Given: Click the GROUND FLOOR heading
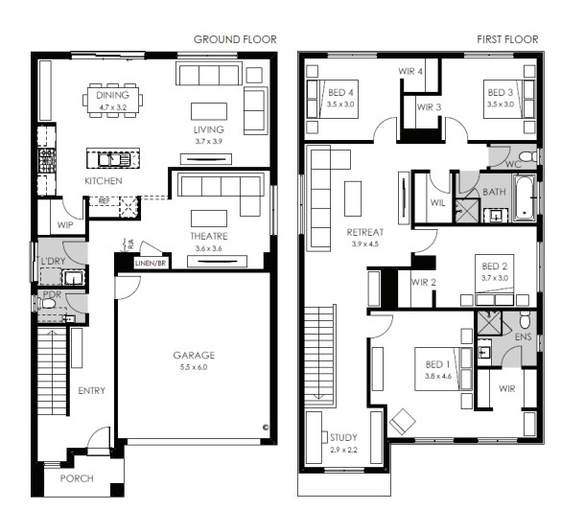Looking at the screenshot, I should [235, 39].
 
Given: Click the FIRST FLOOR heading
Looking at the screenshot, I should [507, 39].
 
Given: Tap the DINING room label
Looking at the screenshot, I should [112, 96].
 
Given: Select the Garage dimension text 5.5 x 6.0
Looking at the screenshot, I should [194, 367].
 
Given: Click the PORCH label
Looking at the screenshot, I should [77, 478].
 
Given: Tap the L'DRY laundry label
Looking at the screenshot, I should [51, 262].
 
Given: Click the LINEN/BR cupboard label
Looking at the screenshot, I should [150, 262].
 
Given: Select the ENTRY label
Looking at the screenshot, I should [92, 391].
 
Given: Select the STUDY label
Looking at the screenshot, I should [342, 436].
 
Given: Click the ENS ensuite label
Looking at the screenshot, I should [524, 338].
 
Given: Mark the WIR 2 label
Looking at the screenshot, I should [423, 282].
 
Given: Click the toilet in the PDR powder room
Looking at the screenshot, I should [47, 304].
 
